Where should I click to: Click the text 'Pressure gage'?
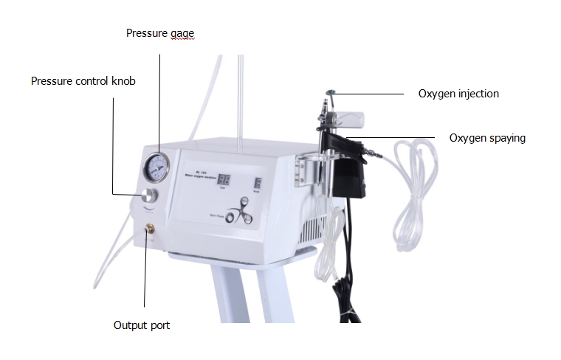[x=159, y=33]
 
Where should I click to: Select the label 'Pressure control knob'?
[x=83, y=80]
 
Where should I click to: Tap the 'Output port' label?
[x=146, y=325]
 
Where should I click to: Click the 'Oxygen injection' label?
[x=458, y=94]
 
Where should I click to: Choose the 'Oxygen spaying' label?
[x=487, y=137]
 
